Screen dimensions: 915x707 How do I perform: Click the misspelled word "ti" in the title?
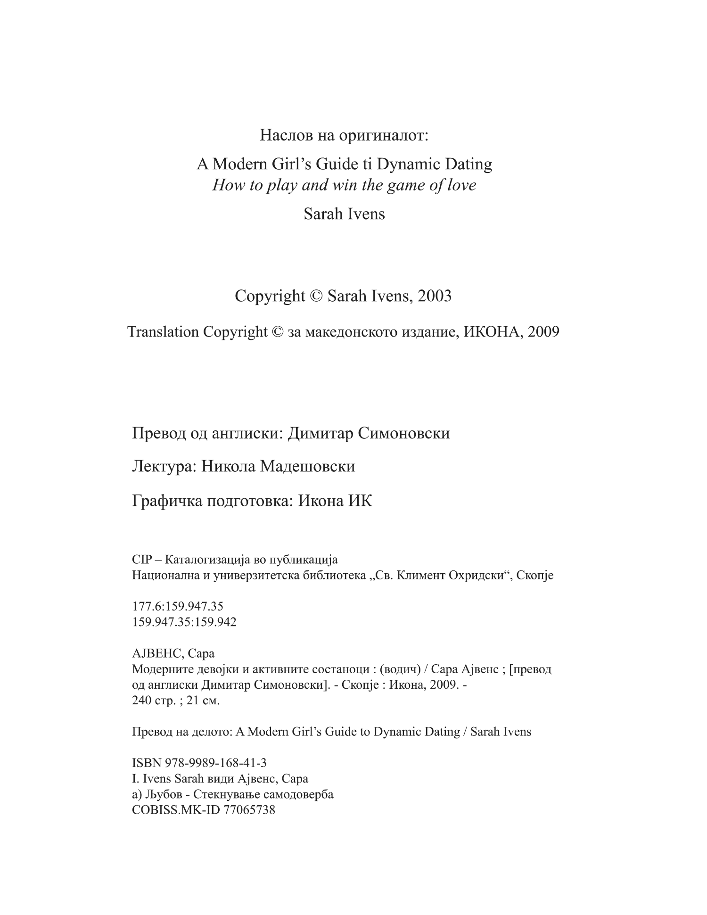click(x=366, y=164)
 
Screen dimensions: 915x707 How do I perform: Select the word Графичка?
click(x=166, y=500)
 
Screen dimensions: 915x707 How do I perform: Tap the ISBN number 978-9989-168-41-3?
click(x=216, y=762)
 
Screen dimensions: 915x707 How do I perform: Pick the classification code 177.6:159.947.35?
click(x=178, y=606)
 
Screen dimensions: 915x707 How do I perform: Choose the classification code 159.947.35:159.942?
click(x=184, y=622)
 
